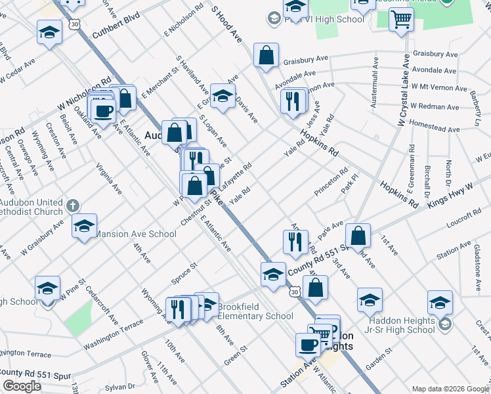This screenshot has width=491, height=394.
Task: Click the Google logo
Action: coord(22,385)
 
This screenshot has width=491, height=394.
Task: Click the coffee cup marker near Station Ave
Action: coord(308,345)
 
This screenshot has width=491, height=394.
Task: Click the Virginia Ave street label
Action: coord(109,178)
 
